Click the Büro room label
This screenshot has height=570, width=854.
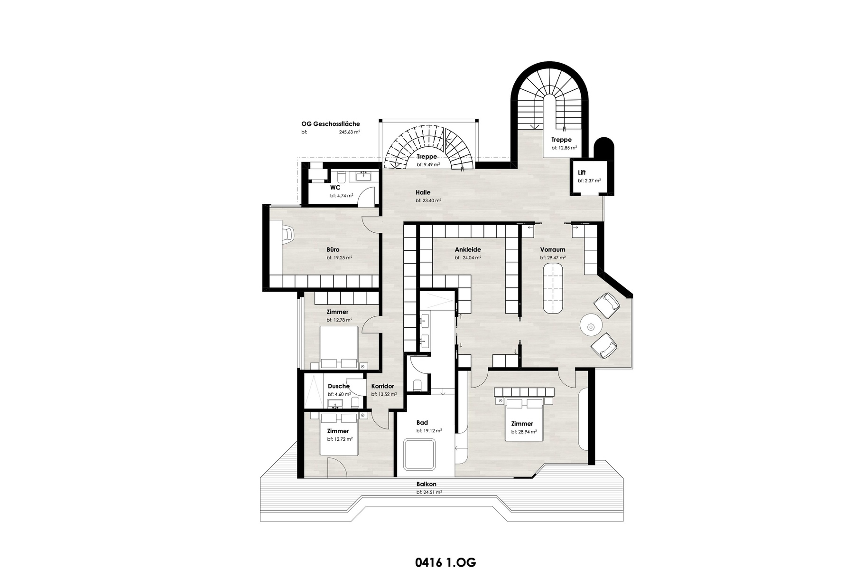point(333,249)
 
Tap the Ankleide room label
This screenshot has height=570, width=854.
point(468,249)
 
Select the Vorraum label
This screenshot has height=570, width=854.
point(552,249)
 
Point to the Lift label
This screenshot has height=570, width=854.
point(582,172)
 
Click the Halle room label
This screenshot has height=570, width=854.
point(423,192)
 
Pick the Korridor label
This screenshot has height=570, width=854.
point(382,386)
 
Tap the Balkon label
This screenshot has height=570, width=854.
point(426,484)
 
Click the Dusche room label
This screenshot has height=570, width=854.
point(338,386)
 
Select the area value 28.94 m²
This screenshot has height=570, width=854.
point(524,432)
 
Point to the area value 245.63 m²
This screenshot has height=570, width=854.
point(349,133)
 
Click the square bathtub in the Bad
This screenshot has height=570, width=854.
point(419,455)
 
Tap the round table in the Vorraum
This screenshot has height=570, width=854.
point(591,326)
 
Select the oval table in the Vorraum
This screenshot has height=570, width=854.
point(554,288)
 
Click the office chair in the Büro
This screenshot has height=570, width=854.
point(288,234)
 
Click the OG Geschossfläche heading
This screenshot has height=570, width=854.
point(330,124)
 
